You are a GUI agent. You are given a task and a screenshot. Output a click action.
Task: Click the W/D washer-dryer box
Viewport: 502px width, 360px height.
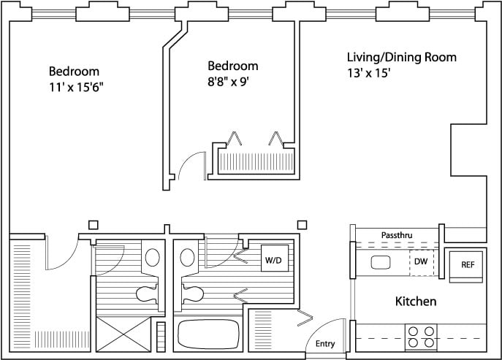pyautogui.click(x=273, y=260)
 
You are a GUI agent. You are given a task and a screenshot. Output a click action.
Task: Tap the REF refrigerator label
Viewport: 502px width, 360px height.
pyautogui.click(x=467, y=264)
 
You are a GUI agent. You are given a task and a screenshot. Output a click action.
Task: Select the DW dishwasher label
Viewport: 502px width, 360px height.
pyautogui.click(x=421, y=261)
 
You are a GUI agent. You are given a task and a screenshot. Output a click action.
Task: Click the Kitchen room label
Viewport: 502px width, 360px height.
pyautogui.click(x=416, y=301)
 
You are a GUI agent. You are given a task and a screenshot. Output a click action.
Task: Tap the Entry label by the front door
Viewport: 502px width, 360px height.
pyautogui.click(x=325, y=344)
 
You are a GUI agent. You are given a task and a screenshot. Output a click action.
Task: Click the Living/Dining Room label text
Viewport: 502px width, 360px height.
pyautogui.click(x=402, y=57)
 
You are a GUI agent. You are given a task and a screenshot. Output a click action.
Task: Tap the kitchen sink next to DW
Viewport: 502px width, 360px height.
pyautogui.click(x=381, y=262)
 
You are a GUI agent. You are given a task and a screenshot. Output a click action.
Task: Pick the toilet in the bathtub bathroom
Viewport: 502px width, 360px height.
pyautogui.click(x=191, y=294)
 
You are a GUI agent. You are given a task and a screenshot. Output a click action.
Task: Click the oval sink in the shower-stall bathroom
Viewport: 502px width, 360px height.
pyautogui.click(x=153, y=257)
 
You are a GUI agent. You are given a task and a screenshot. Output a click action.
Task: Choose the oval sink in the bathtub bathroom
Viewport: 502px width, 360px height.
pyautogui.click(x=187, y=258)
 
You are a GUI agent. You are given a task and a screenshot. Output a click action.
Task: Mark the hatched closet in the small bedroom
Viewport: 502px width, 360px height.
pyautogui.click(x=258, y=160)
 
